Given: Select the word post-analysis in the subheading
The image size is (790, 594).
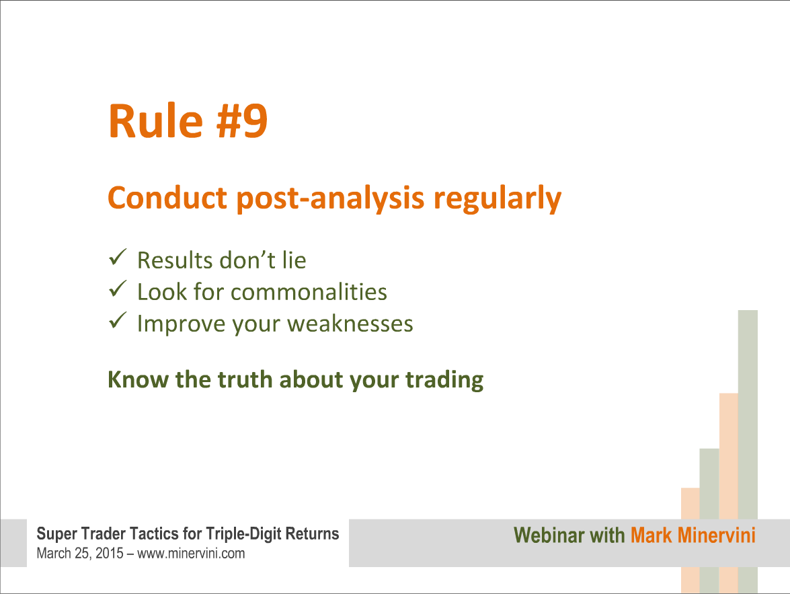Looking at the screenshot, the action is click(331, 199).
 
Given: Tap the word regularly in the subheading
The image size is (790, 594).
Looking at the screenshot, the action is click(498, 199).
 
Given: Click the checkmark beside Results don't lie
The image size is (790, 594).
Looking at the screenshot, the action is click(118, 257).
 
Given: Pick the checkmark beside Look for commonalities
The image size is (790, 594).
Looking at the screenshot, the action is click(118, 289).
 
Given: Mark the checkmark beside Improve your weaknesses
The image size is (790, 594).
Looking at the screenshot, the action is click(118, 320).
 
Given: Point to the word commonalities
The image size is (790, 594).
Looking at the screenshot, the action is click(309, 292).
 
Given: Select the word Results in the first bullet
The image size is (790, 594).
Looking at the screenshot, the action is click(175, 261).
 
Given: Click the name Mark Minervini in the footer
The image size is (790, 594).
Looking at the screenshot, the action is click(693, 535).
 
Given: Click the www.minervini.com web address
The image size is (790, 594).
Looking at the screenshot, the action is click(191, 554).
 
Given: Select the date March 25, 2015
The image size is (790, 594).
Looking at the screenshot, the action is click(79, 554).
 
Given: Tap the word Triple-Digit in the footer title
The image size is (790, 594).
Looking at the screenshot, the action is click(244, 534).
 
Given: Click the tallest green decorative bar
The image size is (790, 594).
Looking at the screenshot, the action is click(748, 451).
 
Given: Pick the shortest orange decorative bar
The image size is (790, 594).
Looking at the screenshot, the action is click(690, 540).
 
